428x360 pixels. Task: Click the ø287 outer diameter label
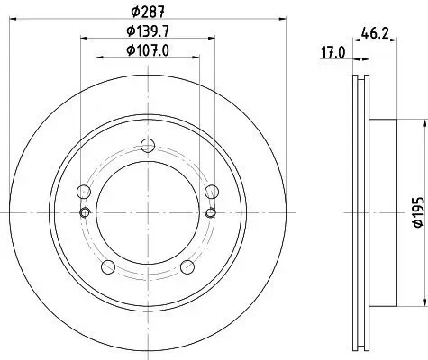[148, 12]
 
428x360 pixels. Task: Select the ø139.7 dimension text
[148, 32]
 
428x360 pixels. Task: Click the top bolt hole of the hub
[149, 147]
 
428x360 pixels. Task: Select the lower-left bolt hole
[108, 265]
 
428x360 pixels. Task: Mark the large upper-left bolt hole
[84, 192]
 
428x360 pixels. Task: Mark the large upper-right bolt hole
[213, 192]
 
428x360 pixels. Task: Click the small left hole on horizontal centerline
[85, 212]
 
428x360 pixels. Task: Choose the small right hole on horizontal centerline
[213, 212]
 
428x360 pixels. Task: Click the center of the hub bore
[149, 212]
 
